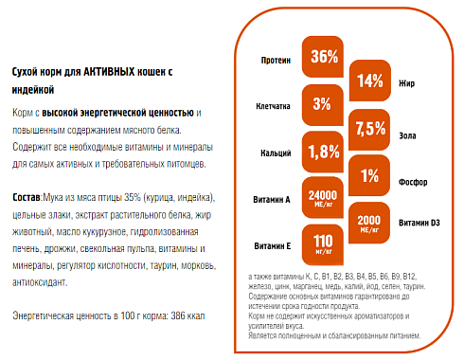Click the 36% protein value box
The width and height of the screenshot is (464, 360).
tap(324, 57)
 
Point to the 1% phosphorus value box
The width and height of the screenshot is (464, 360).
tap(370, 173)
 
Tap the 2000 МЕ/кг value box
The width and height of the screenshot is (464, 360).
tap(370, 220)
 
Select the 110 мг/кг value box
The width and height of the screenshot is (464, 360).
tap(324, 243)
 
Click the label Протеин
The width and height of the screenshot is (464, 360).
tap(276, 60)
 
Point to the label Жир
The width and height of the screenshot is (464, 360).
tap(410, 83)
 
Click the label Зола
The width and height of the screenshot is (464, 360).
tap(412, 130)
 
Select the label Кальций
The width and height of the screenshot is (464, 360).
tap(276, 153)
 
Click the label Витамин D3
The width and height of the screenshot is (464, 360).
tap(419, 223)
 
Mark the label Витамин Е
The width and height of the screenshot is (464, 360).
tap(271, 245)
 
